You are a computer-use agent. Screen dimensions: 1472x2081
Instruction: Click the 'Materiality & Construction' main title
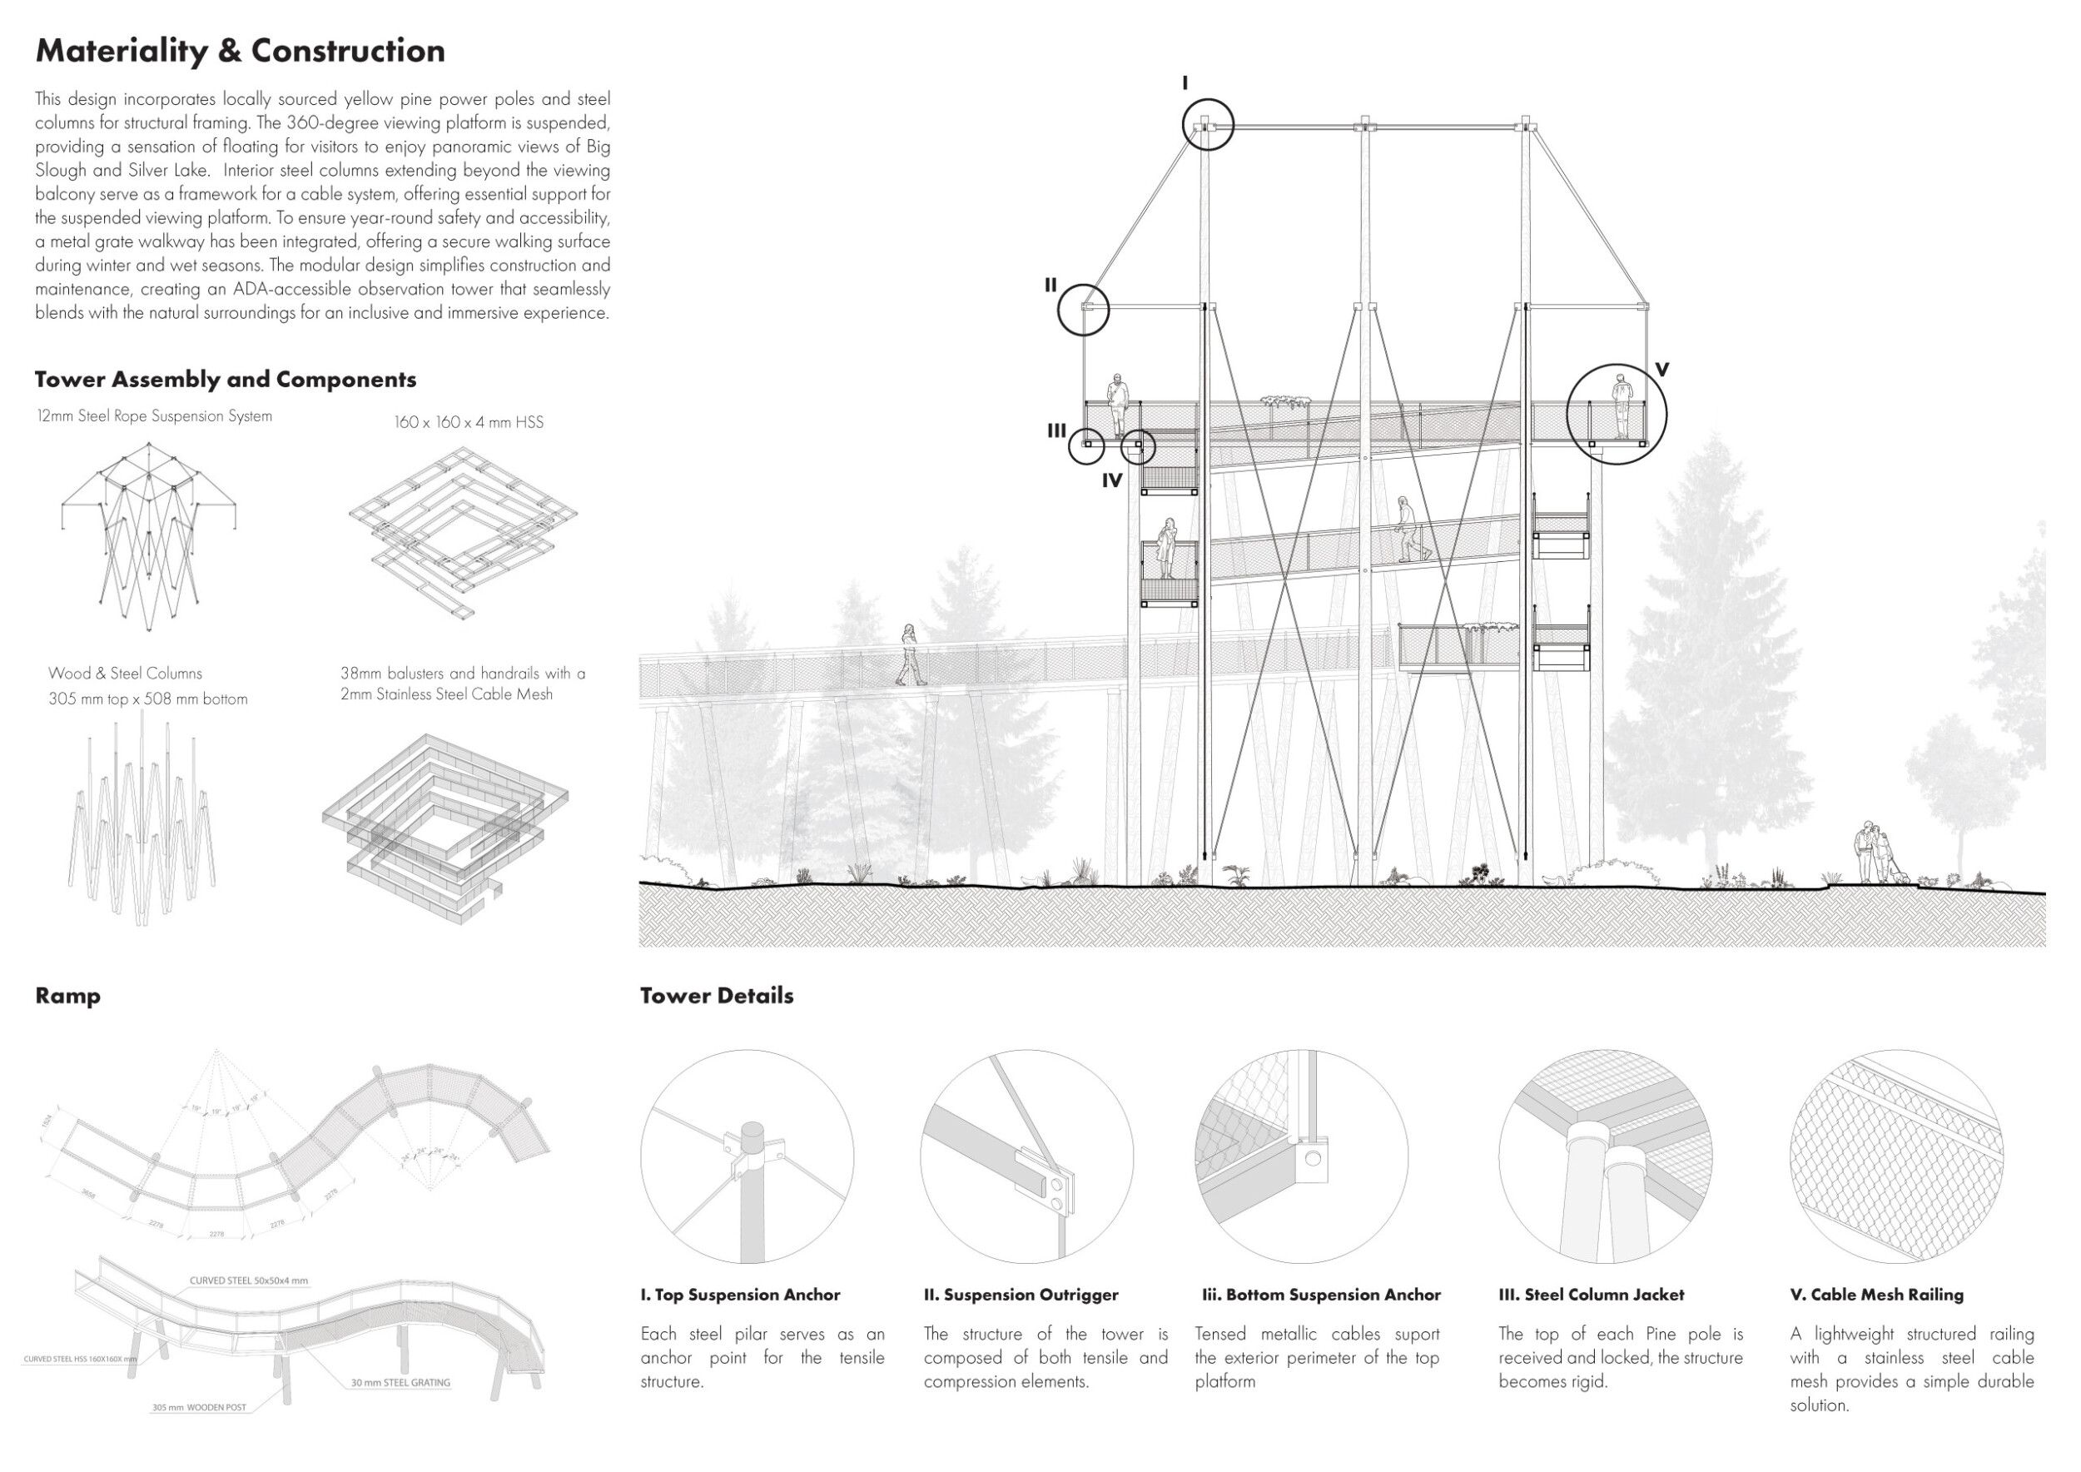[x=241, y=51]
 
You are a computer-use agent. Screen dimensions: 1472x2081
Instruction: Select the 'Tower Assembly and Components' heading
[x=226, y=380]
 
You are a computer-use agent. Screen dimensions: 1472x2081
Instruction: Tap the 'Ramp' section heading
[x=68, y=996]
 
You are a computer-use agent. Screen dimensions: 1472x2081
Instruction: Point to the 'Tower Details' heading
[x=716, y=996]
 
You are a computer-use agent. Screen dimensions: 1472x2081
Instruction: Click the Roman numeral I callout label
[x=1185, y=83]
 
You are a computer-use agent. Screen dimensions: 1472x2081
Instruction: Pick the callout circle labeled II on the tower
[x=1083, y=310]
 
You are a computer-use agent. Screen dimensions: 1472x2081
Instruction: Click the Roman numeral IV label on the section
[x=1112, y=481]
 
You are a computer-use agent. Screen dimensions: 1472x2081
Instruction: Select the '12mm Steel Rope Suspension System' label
[x=154, y=416]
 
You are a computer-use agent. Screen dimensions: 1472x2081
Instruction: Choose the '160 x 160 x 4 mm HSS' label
[x=469, y=422]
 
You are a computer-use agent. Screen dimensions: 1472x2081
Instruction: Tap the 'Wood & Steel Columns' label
[x=125, y=674]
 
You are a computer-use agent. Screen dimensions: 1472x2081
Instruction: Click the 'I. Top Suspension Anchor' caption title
[x=741, y=1295]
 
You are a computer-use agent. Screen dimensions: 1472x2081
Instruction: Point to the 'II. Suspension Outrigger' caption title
[x=1021, y=1295]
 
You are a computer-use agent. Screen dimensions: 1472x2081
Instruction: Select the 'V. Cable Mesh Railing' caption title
[x=1876, y=1295]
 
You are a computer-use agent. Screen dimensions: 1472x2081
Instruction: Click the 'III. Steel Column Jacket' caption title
[x=1591, y=1295]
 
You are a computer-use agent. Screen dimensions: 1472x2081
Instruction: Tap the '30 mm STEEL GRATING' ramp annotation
[x=400, y=1383]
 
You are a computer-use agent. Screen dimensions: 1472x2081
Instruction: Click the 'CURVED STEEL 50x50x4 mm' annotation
[x=248, y=1281]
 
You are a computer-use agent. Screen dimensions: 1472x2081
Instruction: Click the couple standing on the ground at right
[x=1874, y=853]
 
